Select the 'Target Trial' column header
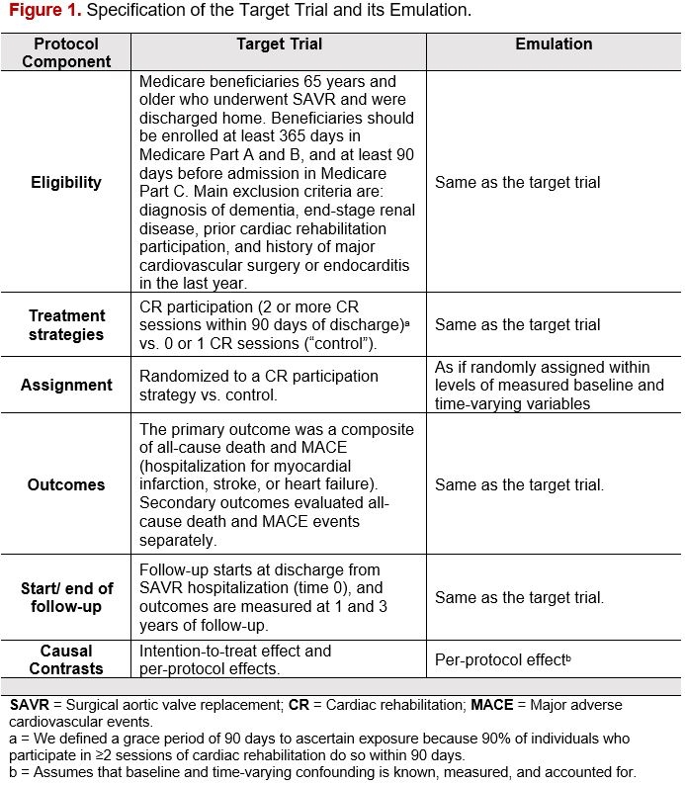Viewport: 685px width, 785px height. pos(279,44)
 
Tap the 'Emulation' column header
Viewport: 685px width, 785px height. pos(554,44)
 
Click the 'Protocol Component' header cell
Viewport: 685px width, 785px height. pos(66,52)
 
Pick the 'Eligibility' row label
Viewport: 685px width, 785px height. pos(66,182)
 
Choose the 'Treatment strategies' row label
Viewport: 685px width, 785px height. pos(66,324)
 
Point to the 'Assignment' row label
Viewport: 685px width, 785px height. pos(66,385)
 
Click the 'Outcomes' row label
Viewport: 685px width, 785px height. pos(66,484)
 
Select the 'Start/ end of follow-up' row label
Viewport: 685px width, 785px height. pos(66,598)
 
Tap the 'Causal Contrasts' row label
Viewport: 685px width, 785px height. pos(66,659)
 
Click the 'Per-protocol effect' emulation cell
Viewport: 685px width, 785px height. pos(503,660)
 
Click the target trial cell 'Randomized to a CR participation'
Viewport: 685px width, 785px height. pos(259,385)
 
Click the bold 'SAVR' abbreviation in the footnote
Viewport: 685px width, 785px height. pos(29,707)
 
